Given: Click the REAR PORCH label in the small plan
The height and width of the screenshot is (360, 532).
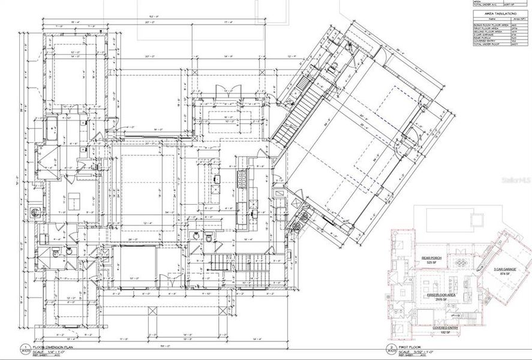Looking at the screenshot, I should (x=426, y=257).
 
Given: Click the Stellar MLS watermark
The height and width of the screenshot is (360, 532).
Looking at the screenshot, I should (x=515, y=179).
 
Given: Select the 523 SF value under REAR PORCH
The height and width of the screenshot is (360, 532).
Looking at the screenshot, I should (x=426, y=263).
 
